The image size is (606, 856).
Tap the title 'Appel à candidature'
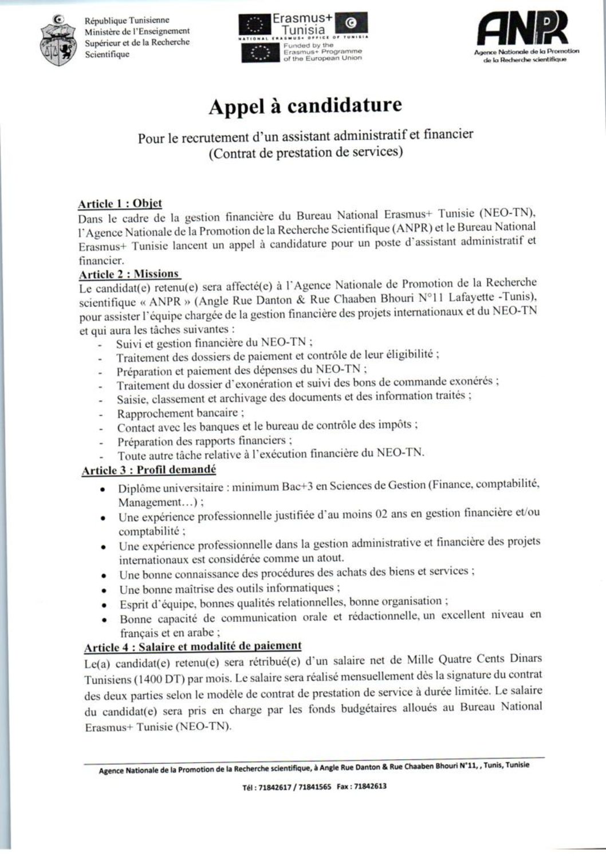click(305, 106)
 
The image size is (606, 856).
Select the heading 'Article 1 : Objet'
click(120, 203)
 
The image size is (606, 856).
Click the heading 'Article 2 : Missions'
click(129, 274)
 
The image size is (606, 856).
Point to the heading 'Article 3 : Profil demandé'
click(149, 470)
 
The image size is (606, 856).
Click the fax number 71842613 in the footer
click(370, 786)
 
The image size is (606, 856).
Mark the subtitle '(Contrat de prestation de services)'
click(305, 153)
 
